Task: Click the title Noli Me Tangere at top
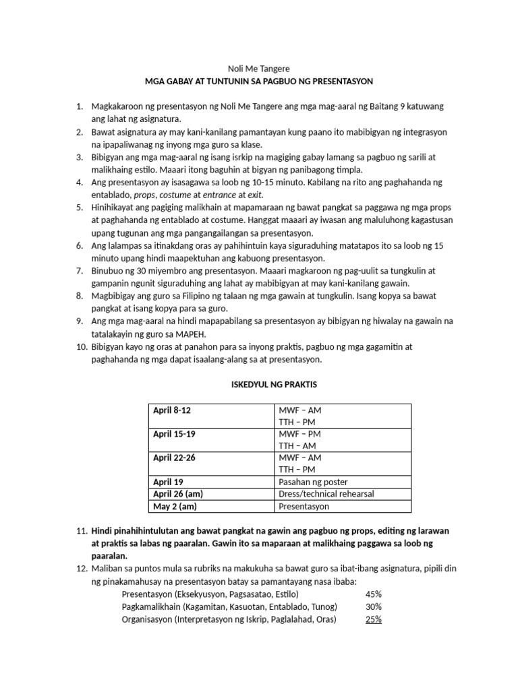(x=258, y=68)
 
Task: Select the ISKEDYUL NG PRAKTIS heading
(x=258, y=384)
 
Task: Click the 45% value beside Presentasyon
(x=373, y=594)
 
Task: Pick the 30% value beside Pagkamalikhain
(x=373, y=606)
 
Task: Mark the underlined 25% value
(x=373, y=619)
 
